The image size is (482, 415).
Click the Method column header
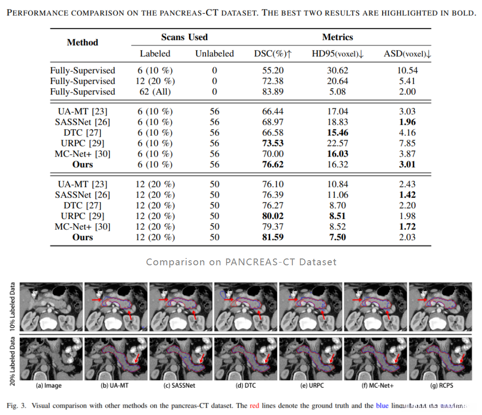(x=82, y=42)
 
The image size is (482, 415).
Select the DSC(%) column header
(x=272, y=54)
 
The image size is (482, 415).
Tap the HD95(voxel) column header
(x=338, y=54)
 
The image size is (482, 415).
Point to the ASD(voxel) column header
(x=407, y=54)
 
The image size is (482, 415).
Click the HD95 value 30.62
(x=337, y=71)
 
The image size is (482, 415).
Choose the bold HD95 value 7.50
(x=337, y=237)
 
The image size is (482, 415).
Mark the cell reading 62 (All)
(x=155, y=91)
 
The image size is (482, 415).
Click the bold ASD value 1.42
(x=407, y=195)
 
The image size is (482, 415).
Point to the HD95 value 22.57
(x=337, y=143)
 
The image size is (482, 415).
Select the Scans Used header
(x=184, y=37)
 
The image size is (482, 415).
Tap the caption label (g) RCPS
(x=441, y=385)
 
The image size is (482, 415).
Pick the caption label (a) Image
(x=49, y=385)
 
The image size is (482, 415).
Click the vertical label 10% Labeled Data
(x=12, y=305)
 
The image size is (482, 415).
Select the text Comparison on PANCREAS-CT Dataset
(x=241, y=262)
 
